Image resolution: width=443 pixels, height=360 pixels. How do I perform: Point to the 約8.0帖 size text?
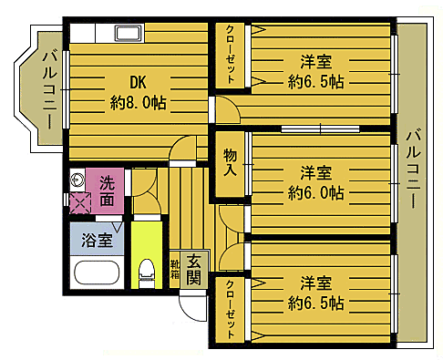[138, 102]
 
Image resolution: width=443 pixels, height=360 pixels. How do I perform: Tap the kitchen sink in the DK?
[127, 35]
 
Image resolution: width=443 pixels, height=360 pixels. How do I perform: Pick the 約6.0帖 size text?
[314, 192]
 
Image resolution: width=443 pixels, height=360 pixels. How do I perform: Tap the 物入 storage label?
[230, 165]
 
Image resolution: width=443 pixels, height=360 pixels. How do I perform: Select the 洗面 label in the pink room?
[108, 190]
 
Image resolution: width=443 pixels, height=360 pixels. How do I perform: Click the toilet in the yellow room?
[145, 269]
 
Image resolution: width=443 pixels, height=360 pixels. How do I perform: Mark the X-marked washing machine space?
[80, 203]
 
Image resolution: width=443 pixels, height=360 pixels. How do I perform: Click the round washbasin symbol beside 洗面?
[78, 179]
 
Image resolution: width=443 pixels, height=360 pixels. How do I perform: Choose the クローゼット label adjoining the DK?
[232, 56]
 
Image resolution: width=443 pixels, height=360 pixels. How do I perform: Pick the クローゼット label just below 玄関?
[230, 309]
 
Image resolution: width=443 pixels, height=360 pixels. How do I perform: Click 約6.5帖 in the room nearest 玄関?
[314, 303]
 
